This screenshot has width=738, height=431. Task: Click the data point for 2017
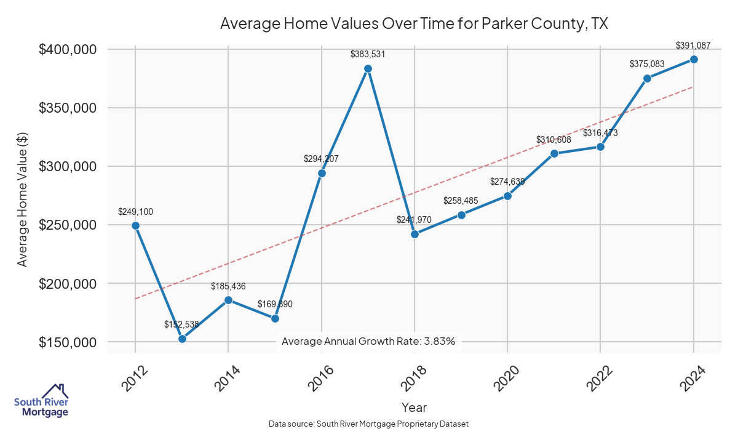[368, 68]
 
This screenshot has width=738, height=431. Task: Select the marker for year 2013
[182, 339]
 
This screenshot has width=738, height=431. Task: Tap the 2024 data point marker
[694, 59]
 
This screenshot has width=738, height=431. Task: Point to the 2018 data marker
[415, 234]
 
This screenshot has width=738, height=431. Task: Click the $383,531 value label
[368, 54]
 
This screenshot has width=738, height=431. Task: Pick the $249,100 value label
[135, 212]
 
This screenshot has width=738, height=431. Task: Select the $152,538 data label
[181, 324]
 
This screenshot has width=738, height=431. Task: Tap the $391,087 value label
[693, 45]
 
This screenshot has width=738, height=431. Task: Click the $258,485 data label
[461, 201]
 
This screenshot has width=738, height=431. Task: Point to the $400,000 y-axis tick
[68, 49]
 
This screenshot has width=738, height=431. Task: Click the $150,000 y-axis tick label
[68, 342]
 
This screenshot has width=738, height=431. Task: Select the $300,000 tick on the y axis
[68, 167]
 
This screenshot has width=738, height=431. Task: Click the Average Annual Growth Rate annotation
[368, 341]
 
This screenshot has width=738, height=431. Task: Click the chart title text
[414, 24]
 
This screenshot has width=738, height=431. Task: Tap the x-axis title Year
[414, 407]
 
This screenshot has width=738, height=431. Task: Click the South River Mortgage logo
[41, 401]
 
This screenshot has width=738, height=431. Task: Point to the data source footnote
[368, 424]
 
